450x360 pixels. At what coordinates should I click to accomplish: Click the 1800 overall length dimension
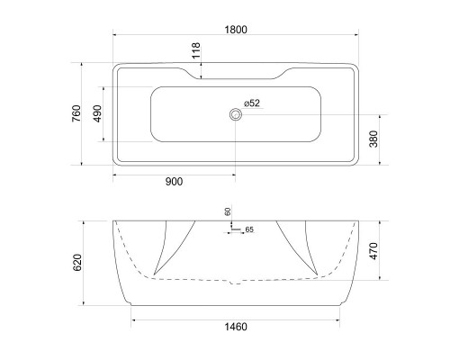coord(236,29)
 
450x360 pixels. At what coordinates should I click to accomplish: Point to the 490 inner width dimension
coord(99,113)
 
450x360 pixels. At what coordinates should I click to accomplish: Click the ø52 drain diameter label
coord(251,103)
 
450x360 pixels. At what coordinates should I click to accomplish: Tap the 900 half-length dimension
coord(174,182)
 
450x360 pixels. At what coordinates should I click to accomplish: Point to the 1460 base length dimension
coord(236,326)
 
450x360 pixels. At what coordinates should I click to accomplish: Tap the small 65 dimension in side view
coord(249,230)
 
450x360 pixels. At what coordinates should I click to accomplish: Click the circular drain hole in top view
coord(236,114)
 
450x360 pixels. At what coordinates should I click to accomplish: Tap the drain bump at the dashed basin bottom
coord(236,282)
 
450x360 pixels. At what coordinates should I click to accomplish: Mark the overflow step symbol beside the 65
coord(235,230)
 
